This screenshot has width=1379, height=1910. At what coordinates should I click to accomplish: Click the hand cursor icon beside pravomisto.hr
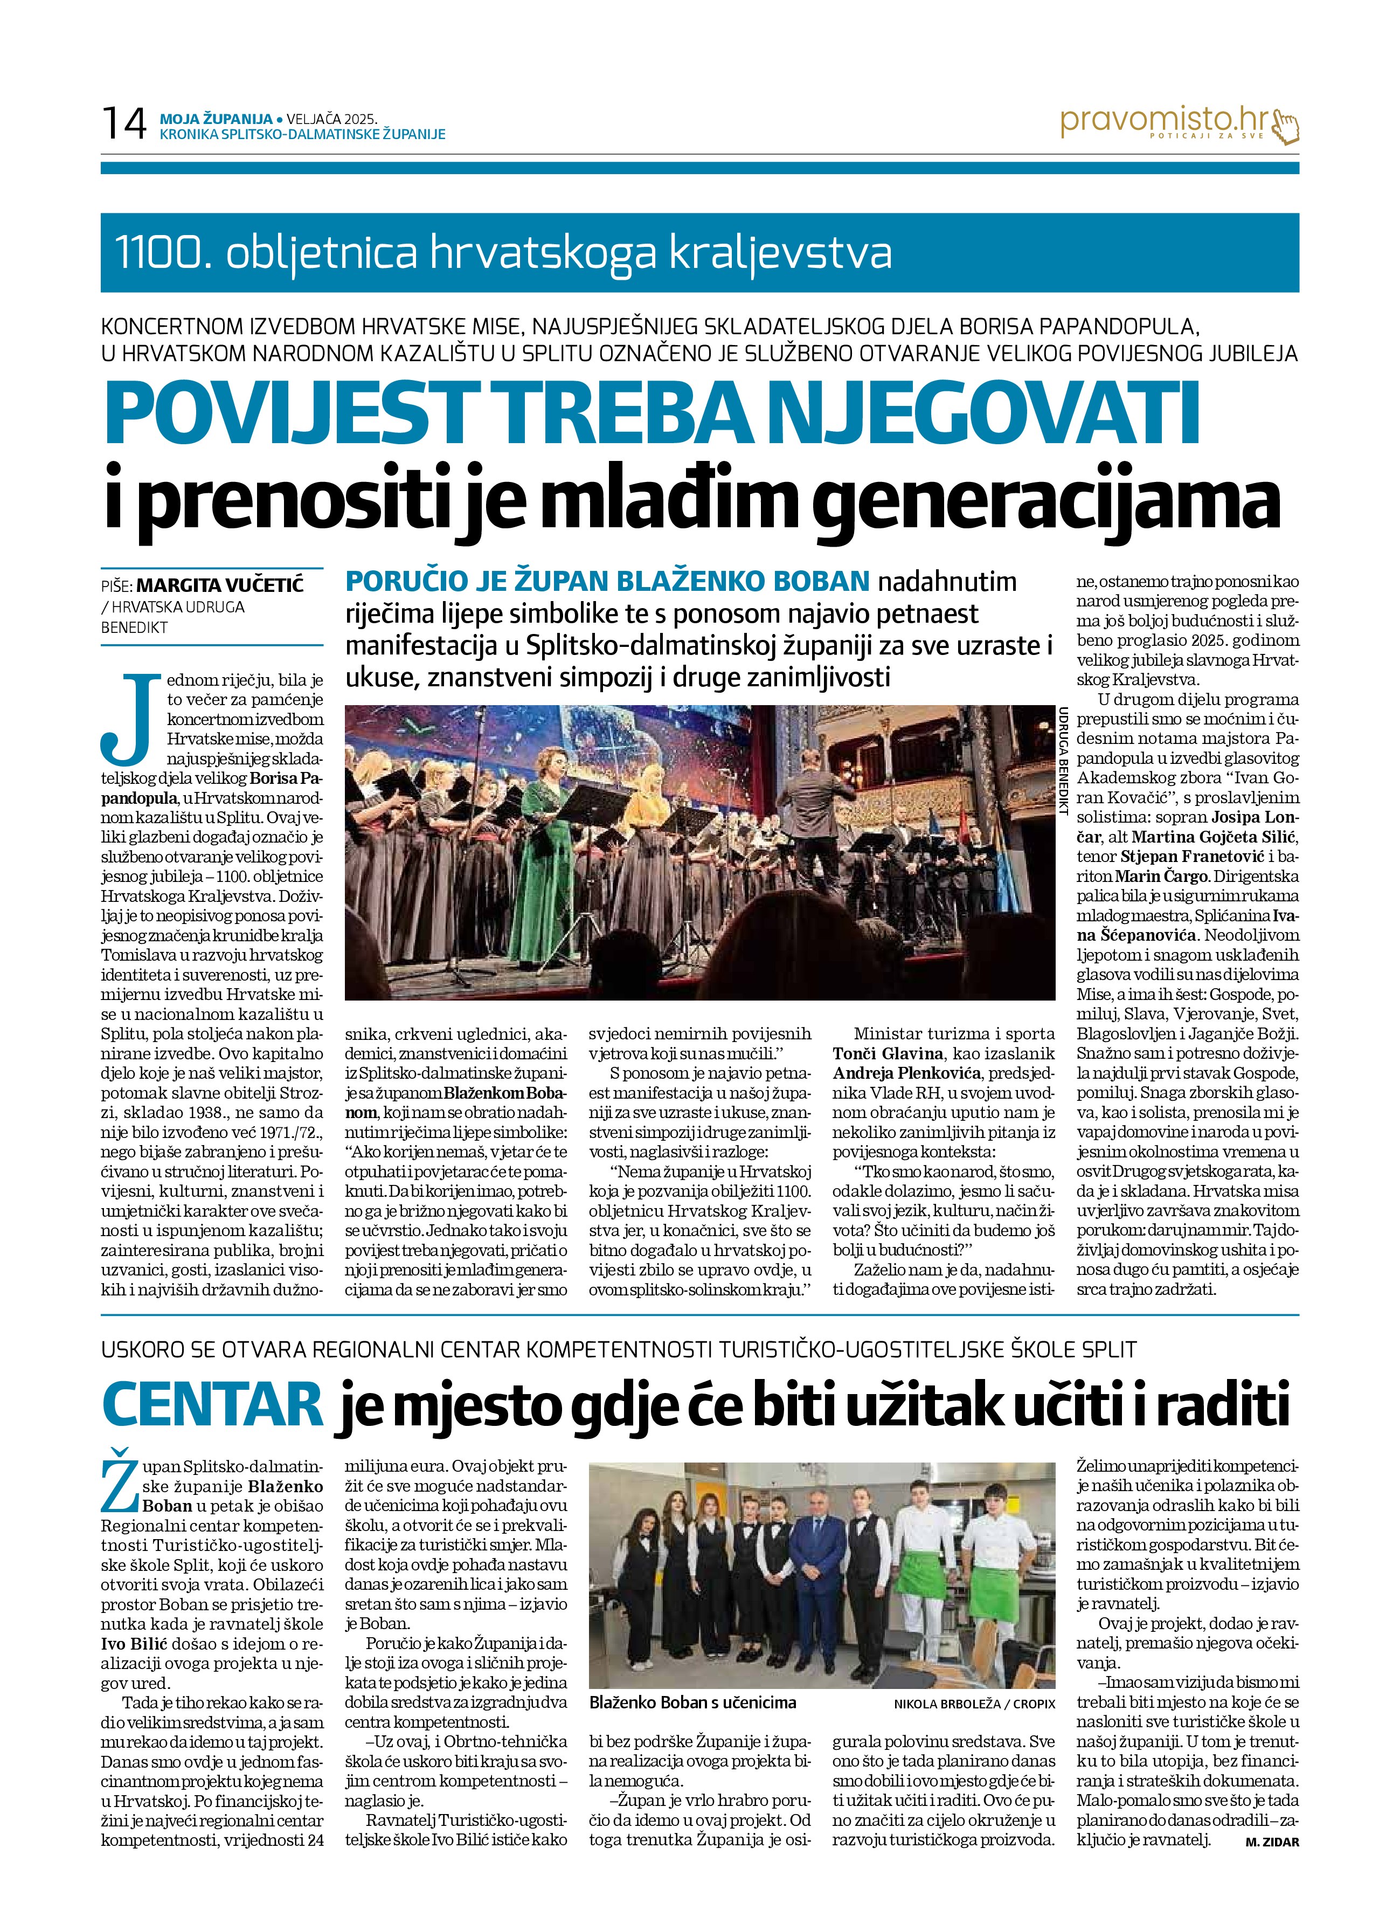[1286, 126]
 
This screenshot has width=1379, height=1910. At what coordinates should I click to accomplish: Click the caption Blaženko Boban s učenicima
[692, 1702]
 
